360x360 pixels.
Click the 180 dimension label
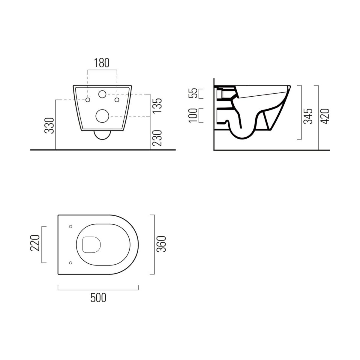click(101, 63)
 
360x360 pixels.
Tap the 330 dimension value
click(49, 125)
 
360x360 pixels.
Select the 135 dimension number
click(157, 105)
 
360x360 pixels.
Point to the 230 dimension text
click(157, 138)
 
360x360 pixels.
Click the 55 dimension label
click(193, 93)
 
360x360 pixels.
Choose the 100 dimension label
click(193, 115)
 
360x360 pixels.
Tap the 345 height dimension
click(308, 116)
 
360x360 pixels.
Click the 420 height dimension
click(325, 116)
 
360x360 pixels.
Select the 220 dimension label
click(35, 243)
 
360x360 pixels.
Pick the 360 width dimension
click(161, 244)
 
